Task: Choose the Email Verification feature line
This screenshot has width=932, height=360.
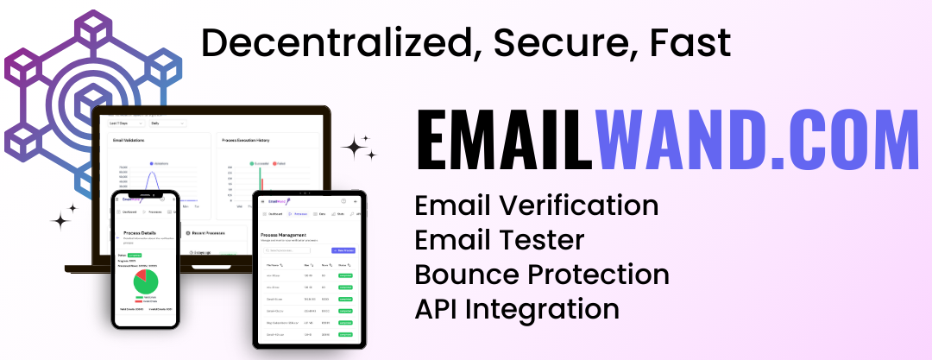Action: click(x=536, y=205)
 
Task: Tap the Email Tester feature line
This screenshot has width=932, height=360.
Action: click(x=500, y=240)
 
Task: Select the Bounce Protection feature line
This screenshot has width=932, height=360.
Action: click(x=542, y=275)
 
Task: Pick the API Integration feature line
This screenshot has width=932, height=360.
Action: click(x=517, y=308)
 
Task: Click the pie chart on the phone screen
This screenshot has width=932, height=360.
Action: click(x=145, y=281)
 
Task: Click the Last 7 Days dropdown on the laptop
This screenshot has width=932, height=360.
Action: click(x=124, y=123)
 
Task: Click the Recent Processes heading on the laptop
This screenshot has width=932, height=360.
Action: click(x=209, y=233)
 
